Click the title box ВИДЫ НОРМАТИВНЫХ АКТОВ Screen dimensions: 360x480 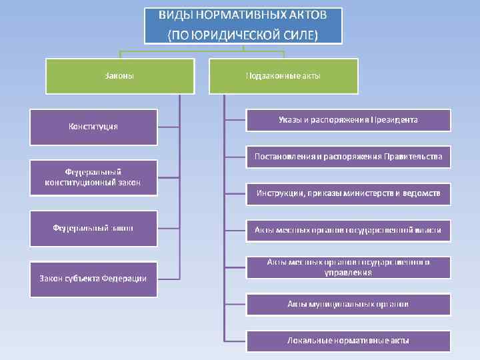pos(243,25)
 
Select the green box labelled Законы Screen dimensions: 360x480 pos(120,76)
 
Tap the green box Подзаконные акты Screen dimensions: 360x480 pos(283,76)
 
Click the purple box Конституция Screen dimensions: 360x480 pos(93,127)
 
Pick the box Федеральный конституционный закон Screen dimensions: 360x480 pos(93,177)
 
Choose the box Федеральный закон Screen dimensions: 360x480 pos(93,228)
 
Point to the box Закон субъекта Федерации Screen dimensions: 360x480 pos(93,278)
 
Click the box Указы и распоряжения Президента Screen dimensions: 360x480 pos(348,120)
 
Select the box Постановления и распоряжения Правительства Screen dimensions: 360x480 pos(348,157)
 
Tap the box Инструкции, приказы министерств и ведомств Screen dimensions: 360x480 pos(348,194)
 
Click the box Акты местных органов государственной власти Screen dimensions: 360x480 pos(348,230)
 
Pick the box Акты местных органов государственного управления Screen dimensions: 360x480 pos(348,267)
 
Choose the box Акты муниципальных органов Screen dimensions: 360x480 pos(348,304)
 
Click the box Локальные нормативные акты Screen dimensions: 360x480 pos(348,341)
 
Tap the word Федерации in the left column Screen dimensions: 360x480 pos(125,278)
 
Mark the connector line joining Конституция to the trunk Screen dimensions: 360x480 pos(169,127)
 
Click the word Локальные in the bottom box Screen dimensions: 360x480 pos(307,341)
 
